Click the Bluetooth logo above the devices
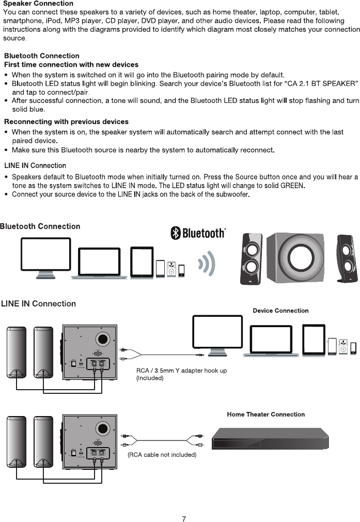pyautogui.click(x=198, y=233)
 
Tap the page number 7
pyautogui.click(x=184, y=519)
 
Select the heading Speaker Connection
pyautogui.click(x=38, y=4)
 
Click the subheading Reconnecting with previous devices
pyautogui.click(x=66, y=121)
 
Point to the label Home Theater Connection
pyautogui.click(x=265, y=414)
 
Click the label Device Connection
pyautogui.click(x=280, y=311)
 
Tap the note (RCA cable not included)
pyautogui.click(x=162, y=455)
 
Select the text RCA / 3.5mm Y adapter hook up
pyautogui.click(x=181, y=371)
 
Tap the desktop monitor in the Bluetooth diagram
pyautogui.click(x=45, y=257)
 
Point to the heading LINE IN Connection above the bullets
pyautogui.click(x=35, y=165)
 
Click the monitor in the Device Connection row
pyautogui.click(x=216, y=335)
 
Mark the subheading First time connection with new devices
pyautogui.click(x=71, y=65)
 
